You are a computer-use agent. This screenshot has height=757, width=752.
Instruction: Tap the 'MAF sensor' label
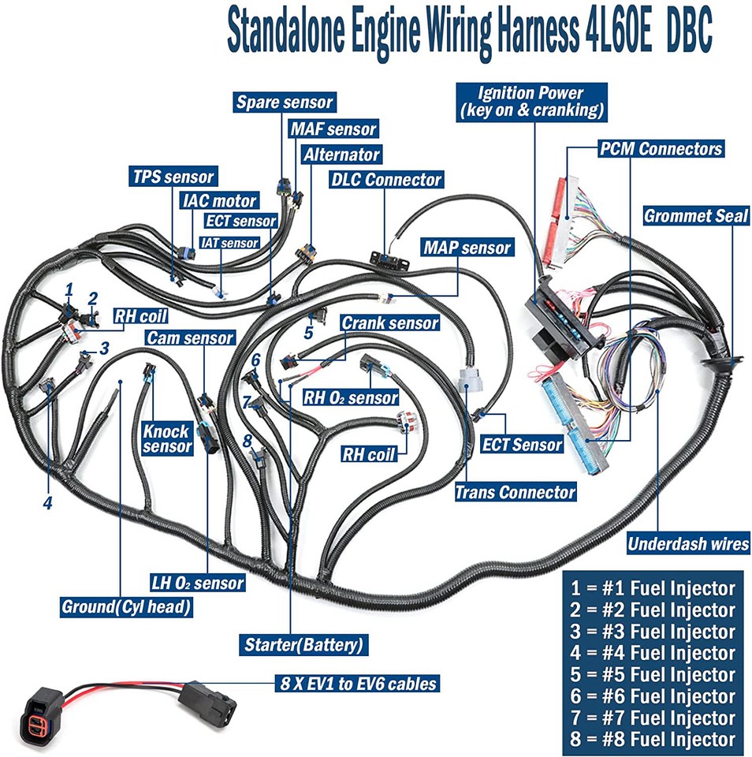[333, 128]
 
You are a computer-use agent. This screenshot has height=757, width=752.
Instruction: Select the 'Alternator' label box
[341, 154]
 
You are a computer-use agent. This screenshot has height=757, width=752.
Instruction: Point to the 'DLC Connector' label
[387, 180]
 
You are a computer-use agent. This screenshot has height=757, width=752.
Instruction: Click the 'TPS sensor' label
[173, 176]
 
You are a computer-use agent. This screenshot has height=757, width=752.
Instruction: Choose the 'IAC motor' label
[219, 200]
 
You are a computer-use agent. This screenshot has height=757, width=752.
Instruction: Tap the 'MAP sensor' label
[467, 248]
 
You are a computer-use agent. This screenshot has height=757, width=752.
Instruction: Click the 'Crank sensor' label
[389, 323]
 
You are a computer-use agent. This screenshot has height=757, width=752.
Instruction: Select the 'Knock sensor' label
[166, 438]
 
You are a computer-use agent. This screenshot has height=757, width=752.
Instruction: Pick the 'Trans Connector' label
[516, 493]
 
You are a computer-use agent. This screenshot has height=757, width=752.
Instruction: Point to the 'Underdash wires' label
[688, 543]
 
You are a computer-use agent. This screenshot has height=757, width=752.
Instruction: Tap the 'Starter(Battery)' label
[303, 645]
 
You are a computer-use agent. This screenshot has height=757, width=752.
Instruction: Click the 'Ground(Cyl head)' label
[127, 608]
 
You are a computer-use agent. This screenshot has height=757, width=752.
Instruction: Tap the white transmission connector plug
[471, 377]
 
